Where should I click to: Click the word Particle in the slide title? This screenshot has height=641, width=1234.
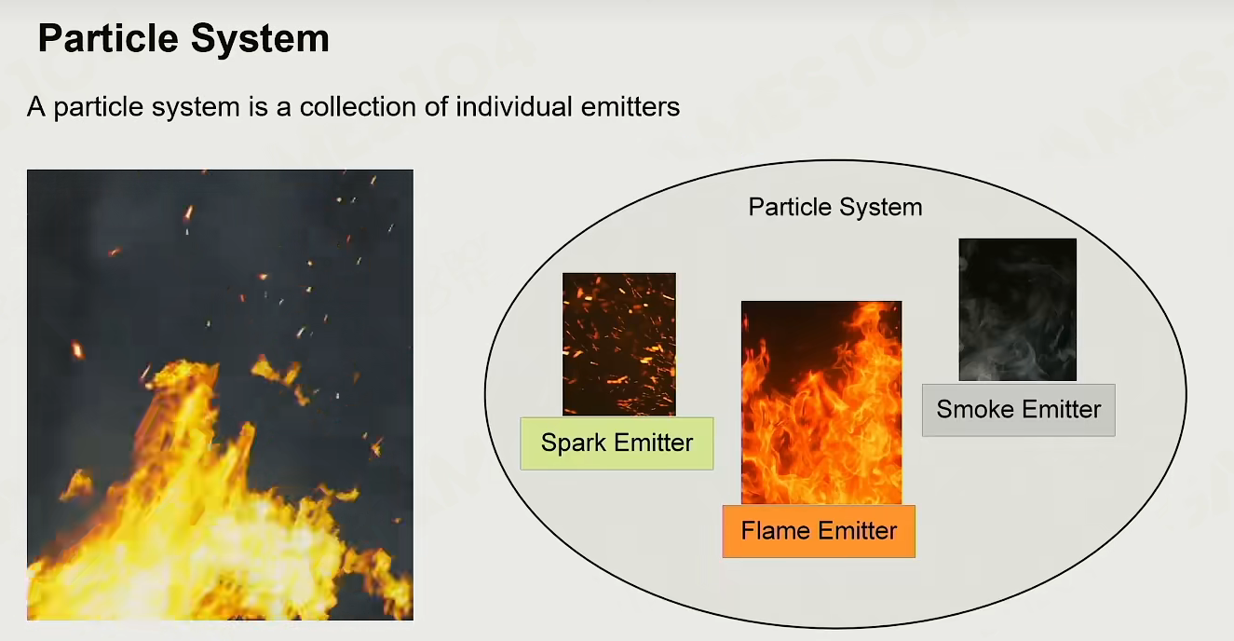pos(108,38)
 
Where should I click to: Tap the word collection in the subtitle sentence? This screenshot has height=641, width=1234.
pos(358,106)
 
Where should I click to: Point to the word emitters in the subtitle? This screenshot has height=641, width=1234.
pos(631,106)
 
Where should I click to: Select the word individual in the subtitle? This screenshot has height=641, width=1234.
pos(513,106)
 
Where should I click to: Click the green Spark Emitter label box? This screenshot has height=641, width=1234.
pos(617,443)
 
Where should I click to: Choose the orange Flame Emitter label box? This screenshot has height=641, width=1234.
pos(819,531)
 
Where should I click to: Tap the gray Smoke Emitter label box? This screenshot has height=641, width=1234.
pos(1019,410)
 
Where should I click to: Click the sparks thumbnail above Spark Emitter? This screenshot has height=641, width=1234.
pos(619,345)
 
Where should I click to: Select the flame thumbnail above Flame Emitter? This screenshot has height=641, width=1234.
pos(821,402)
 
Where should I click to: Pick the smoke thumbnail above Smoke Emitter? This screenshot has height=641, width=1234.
pos(1018,309)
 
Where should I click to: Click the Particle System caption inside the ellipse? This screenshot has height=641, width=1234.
pos(835,207)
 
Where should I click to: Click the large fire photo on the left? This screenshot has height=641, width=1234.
pos(220,395)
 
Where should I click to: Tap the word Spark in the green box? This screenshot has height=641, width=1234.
pos(573,443)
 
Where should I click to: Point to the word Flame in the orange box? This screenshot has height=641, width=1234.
pos(776,531)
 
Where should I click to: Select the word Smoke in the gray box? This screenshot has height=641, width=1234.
pos(975,410)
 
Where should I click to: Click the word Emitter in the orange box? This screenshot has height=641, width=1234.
pos(858,531)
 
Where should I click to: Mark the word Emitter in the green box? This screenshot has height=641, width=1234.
pos(654,443)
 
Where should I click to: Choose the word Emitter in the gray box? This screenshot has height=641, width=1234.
pos(1062,410)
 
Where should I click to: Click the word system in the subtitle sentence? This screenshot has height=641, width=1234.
pos(196,107)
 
